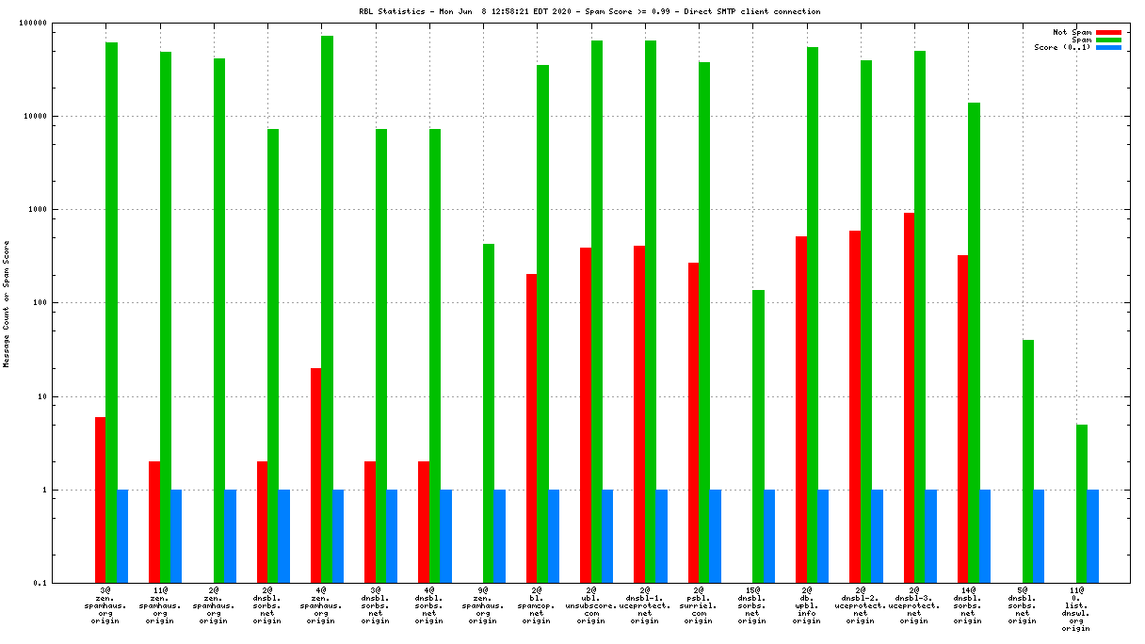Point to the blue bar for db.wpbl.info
point(823,536)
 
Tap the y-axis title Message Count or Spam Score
point(7,303)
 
